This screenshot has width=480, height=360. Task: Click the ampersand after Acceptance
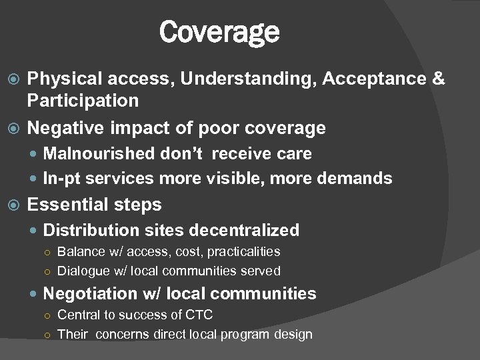click(x=438, y=79)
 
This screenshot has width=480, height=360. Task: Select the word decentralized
click(x=244, y=230)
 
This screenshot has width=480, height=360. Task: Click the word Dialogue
click(x=83, y=271)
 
